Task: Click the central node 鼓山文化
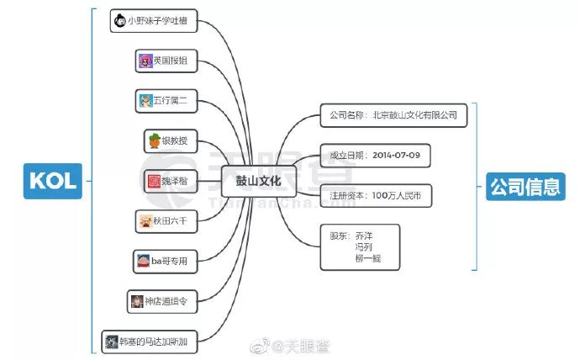coord(259,180)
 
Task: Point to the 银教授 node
coord(171,140)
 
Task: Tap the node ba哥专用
coord(167,261)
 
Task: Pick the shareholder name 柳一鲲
coord(368,258)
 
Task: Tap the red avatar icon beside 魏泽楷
coord(154,181)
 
